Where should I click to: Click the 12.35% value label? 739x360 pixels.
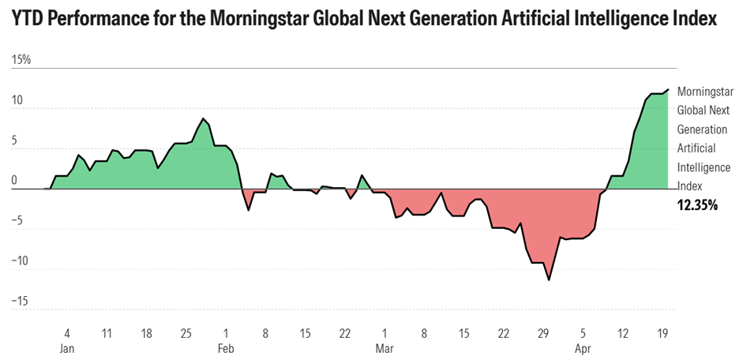pos(697,205)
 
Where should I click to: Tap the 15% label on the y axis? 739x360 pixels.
pos(21,60)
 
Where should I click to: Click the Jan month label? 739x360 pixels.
pos(67,349)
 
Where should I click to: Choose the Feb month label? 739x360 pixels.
pos(226,349)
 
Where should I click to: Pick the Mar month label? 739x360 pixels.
pos(385,349)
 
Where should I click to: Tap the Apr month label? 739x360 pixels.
pos(583,349)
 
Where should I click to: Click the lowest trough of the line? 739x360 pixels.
pos(549,280)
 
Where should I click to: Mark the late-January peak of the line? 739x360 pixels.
pos(203,118)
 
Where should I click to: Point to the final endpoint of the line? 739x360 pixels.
pos(668,89)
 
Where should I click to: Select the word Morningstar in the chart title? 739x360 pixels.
pos(256,19)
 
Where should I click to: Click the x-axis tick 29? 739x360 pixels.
pos(543,334)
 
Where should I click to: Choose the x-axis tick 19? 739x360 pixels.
pos(662,334)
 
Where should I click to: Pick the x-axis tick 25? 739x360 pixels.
pos(186,334)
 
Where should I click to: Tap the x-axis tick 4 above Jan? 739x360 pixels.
pos(67,334)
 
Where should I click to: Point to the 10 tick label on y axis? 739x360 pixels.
pos(17,100)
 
